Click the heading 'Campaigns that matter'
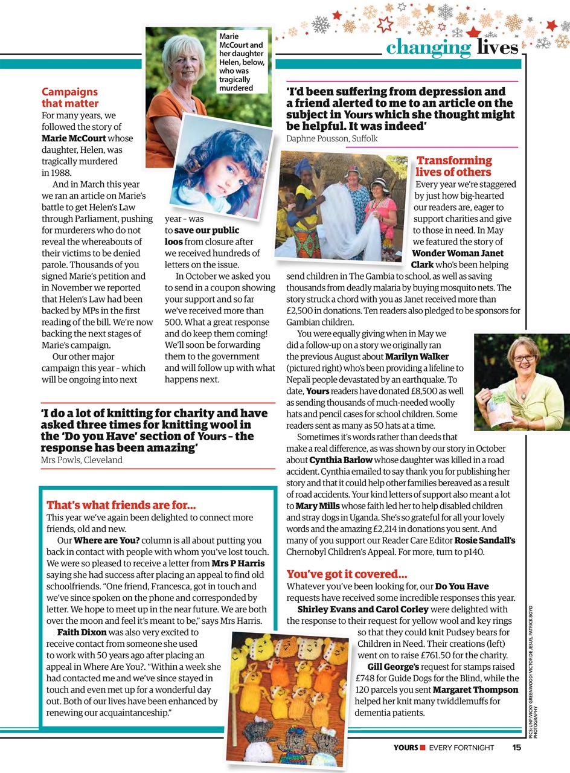[69, 98]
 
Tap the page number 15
[516, 748]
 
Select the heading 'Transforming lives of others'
[453, 166]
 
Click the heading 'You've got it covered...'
[347, 574]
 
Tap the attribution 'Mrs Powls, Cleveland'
[82, 460]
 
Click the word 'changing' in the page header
[428, 47]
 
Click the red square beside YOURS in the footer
[423, 748]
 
